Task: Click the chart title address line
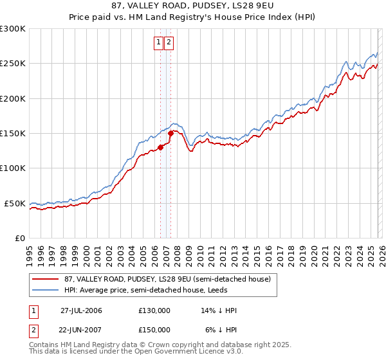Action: coord(193,6)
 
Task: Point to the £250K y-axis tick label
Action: coord(13,64)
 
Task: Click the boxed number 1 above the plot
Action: coord(158,43)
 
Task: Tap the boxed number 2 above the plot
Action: coord(169,43)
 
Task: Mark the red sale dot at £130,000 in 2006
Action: coord(160,147)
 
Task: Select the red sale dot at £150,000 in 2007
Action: coord(170,134)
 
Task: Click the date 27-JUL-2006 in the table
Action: coord(81,310)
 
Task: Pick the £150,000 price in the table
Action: coord(154,329)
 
